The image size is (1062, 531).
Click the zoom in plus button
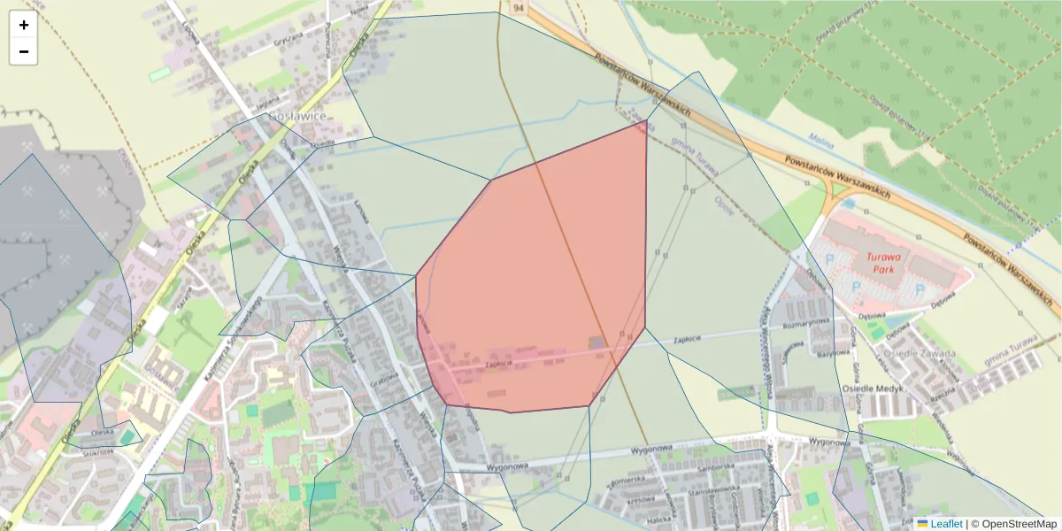point(24,25)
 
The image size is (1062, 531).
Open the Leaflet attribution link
point(946,524)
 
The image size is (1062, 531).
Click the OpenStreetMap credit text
point(1019,524)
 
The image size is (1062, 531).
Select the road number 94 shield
point(518,7)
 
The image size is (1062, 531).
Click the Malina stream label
point(823,139)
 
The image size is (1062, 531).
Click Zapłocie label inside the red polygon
point(498,363)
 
